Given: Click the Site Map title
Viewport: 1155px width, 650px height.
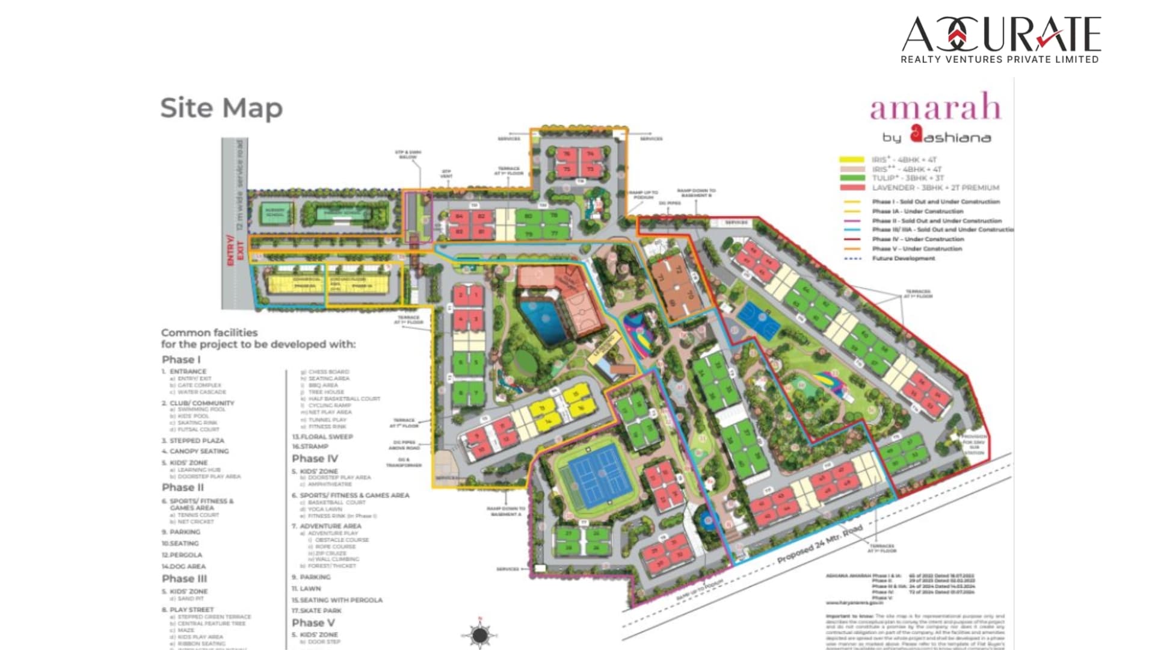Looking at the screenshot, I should (221, 108).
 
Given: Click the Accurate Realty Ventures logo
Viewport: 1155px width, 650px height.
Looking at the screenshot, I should (1001, 40).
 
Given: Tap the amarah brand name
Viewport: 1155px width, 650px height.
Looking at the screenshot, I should (935, 108).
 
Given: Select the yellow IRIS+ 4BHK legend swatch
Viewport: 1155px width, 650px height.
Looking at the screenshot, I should (852, 160).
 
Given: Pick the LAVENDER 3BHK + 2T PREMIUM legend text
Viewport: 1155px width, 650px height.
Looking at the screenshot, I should (935, 188).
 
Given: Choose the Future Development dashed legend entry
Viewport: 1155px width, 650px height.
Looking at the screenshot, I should (903, 258).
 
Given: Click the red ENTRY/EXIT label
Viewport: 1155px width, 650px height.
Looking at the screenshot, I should (234, 250).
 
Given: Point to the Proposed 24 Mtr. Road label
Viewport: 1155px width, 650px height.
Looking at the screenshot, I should (819, 544).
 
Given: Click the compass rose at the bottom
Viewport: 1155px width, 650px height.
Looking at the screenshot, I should (479, 634).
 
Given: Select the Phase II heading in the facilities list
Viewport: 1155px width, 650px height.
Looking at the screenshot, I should (183, 487).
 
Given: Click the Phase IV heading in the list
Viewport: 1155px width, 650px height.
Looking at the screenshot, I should (315, 459).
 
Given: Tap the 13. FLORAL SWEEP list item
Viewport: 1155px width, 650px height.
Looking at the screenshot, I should (322, 436).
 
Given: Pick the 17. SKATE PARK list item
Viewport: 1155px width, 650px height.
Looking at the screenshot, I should (316, 610).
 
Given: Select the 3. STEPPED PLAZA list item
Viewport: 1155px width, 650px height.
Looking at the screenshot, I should (192, 441).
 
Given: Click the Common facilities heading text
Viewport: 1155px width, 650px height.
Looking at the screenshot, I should (209, 333).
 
